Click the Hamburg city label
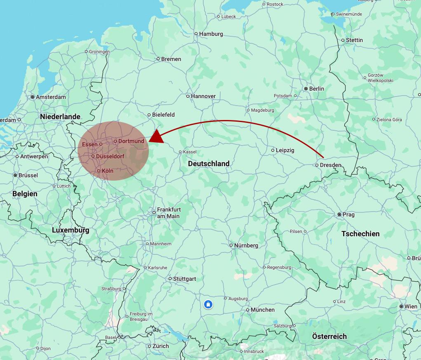point(211,34)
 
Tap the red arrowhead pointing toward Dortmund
point(157,137)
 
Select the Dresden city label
point(330,165)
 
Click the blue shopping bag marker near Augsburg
point(208,305)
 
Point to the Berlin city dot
point(306,89)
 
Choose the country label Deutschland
point(209,164)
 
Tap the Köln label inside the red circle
point(107,171)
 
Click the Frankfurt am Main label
point(168,213)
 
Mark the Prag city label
point(348,214)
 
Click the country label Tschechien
point(360,234)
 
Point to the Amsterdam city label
point(51,97)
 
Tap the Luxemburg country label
point(71,230)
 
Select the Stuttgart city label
point(184,279)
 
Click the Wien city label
point(411,306)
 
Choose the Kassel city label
point(190,152)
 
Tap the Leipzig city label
point(285,150)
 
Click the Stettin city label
point(355,40)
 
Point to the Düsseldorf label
point(110,156)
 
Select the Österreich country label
point(329,336)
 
